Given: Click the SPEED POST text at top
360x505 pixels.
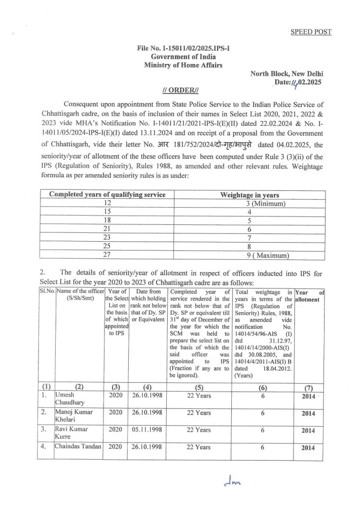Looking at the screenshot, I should [310, 32].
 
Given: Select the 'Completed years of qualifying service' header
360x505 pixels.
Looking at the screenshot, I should [107, 195].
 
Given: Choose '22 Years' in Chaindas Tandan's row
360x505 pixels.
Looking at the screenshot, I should [199, 447].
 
